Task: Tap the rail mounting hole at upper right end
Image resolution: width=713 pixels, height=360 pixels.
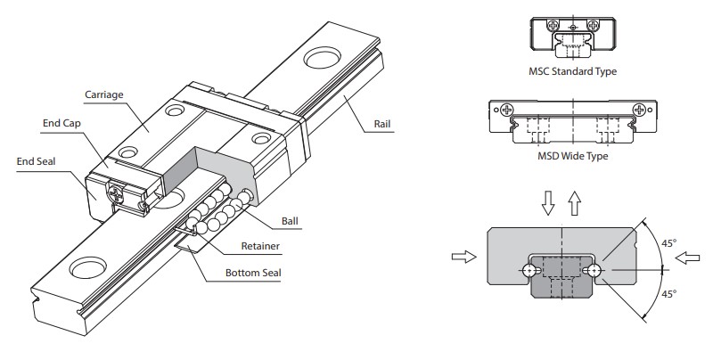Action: pos(322,61)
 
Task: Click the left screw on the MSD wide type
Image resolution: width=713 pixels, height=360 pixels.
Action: pos(507,111)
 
